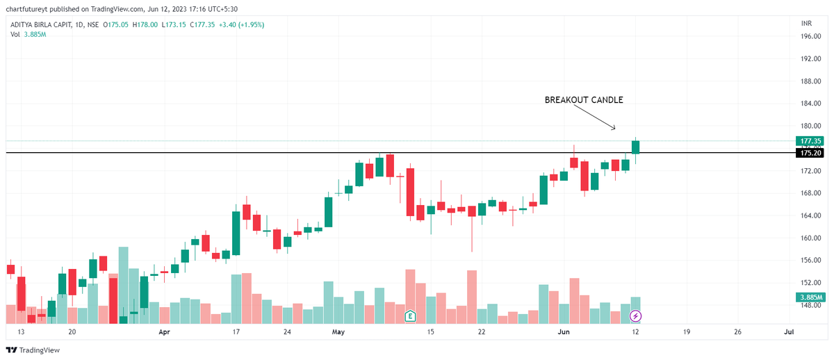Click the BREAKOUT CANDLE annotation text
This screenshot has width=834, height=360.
[583, 100]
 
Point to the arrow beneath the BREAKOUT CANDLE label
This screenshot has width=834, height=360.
[603, 121]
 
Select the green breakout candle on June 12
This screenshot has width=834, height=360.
[635, 147]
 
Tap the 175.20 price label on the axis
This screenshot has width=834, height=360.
[810, 153]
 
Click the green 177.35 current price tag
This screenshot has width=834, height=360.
[810, 140]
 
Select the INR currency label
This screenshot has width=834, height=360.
[806, 24]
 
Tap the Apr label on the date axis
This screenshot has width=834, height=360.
[165, 332]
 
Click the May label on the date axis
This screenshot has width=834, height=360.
[338, 332]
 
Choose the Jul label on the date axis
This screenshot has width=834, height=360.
[788, 332]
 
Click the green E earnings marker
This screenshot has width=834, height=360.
[410, 317]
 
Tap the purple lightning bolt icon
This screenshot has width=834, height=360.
[635, 317]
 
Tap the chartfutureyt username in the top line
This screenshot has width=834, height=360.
[28, 9]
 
